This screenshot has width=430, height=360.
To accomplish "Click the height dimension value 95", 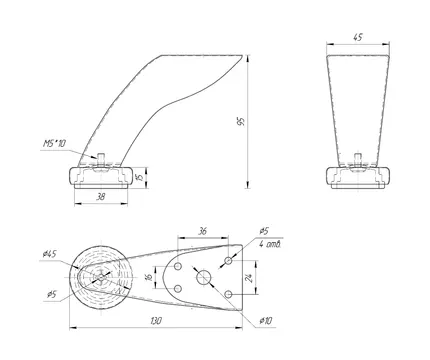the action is coord(241,121).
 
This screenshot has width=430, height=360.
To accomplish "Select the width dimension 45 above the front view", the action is coord(357,37).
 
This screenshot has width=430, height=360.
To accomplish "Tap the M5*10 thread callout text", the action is coord(54,144).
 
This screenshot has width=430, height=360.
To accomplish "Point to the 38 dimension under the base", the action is coord(100,197).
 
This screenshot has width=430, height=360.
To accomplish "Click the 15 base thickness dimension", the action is coord(141,177).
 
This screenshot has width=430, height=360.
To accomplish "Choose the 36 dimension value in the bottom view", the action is coord(203,231).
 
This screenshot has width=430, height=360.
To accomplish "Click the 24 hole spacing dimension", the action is coord(250,278).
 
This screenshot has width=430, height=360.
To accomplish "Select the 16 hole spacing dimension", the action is coord(149,276).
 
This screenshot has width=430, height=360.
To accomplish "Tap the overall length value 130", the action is coord(156,321).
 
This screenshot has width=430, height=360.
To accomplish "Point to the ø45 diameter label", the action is coord(50,254).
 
